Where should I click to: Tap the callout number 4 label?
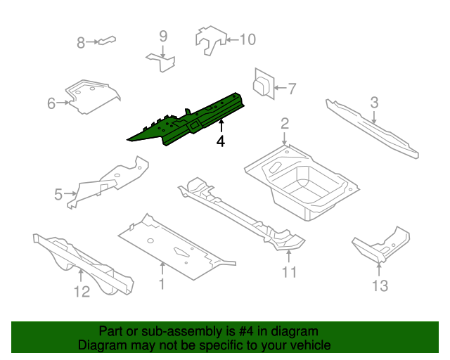tap(221, 142)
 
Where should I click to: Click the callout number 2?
tap(285, 124)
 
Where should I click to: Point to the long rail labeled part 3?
tap(373, 129)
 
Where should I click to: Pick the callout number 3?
tap(375, 103)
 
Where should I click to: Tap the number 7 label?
tap(292, 89)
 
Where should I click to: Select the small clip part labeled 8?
tap(106, 41)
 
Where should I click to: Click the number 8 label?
tap(81, 43)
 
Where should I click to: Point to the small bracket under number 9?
tap(162, 61)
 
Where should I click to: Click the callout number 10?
tap(247, 39)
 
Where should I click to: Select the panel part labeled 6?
tap(91, 97)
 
